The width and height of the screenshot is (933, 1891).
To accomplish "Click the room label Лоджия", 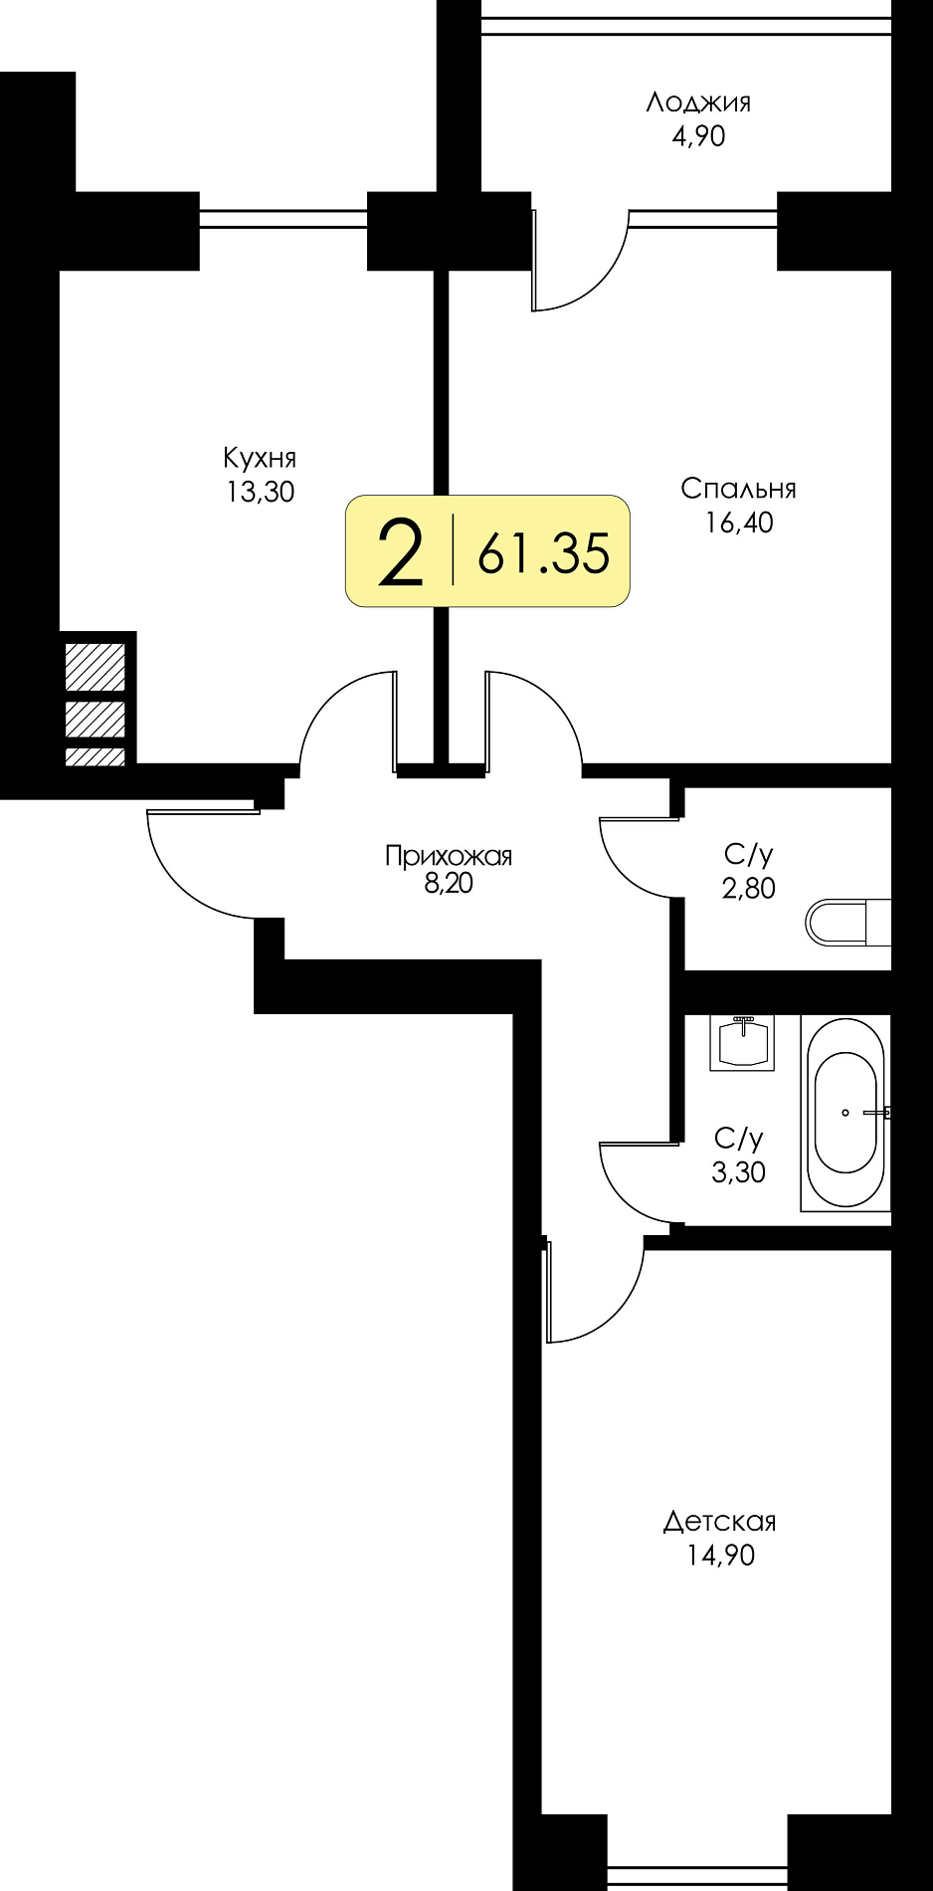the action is coord(698,103).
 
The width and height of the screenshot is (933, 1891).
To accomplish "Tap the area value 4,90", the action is coord(698,136).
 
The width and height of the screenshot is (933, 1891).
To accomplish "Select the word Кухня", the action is coord(260,458).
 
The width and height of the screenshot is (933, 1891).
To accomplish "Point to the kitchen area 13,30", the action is coord(261,492).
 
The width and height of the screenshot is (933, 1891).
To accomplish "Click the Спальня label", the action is coord(738,489).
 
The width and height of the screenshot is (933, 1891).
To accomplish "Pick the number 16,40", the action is coord(739,523).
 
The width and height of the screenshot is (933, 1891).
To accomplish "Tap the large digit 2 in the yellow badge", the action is coord(401,553).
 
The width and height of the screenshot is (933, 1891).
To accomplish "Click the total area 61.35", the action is coord(543,553).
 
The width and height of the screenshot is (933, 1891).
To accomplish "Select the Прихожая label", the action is coord(449,856).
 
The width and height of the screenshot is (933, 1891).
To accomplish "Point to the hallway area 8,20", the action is coord(449,883).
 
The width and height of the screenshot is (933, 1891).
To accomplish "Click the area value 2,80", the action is coord(748,888).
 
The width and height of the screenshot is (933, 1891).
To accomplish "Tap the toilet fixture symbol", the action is coord(847,923).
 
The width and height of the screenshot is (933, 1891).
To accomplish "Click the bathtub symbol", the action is coord(845,1113).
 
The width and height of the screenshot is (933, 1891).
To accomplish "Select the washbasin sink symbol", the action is coord(742,1043).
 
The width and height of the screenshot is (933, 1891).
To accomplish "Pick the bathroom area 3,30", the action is coord(738,1171).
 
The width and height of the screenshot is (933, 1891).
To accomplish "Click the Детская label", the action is coord(719,1522).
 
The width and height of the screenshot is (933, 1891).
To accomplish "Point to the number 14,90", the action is coord(720,1555).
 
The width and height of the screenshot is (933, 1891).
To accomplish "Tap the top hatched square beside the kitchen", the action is coord(95,667).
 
